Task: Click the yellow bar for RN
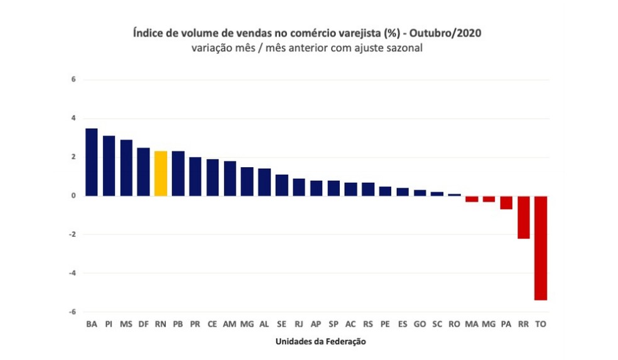161,173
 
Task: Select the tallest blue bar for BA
92,162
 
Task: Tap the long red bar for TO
540,248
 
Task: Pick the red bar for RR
523,217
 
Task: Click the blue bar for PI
109,166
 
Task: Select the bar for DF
143,172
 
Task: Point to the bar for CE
212,177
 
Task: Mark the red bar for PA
506,202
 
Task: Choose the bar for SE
281,185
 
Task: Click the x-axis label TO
540,324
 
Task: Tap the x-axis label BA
92,324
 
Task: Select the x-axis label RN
161,324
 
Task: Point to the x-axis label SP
333,324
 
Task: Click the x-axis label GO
420,324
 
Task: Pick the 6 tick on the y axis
73,80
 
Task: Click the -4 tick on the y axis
72,273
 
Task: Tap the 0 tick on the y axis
73,196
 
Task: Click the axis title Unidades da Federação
320,342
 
